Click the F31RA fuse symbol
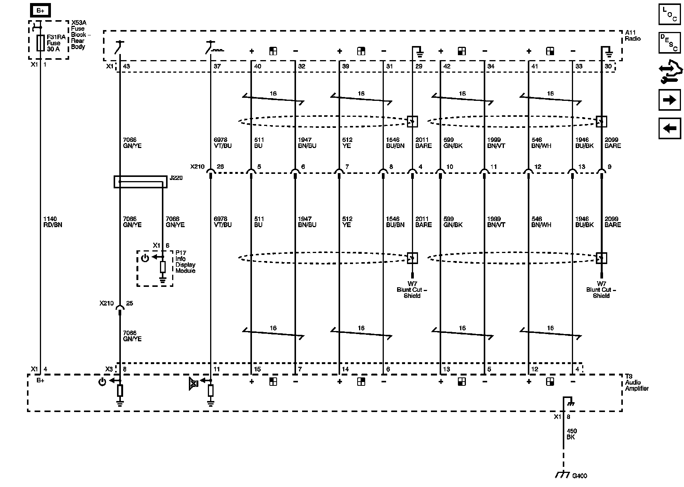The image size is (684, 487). coord(40,43)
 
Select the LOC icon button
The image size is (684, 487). coord(670,14)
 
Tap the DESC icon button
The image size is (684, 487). coord(670,42)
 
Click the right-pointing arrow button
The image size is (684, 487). coord(670,100)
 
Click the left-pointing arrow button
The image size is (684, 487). coord(670,128)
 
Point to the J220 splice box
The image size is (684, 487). coord(140,181)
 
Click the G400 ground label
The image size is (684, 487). coord(579,476)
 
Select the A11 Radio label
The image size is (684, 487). coord(633,36)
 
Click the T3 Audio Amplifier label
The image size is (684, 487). coord(637,382)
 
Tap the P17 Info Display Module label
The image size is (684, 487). coord(185,262)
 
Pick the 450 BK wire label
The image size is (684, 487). coord(572,434)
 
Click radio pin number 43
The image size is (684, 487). coord(127,66)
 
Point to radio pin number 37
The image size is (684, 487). coord(217,66)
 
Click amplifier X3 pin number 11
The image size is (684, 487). coord(216,369)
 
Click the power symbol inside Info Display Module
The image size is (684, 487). coord(145,258)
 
